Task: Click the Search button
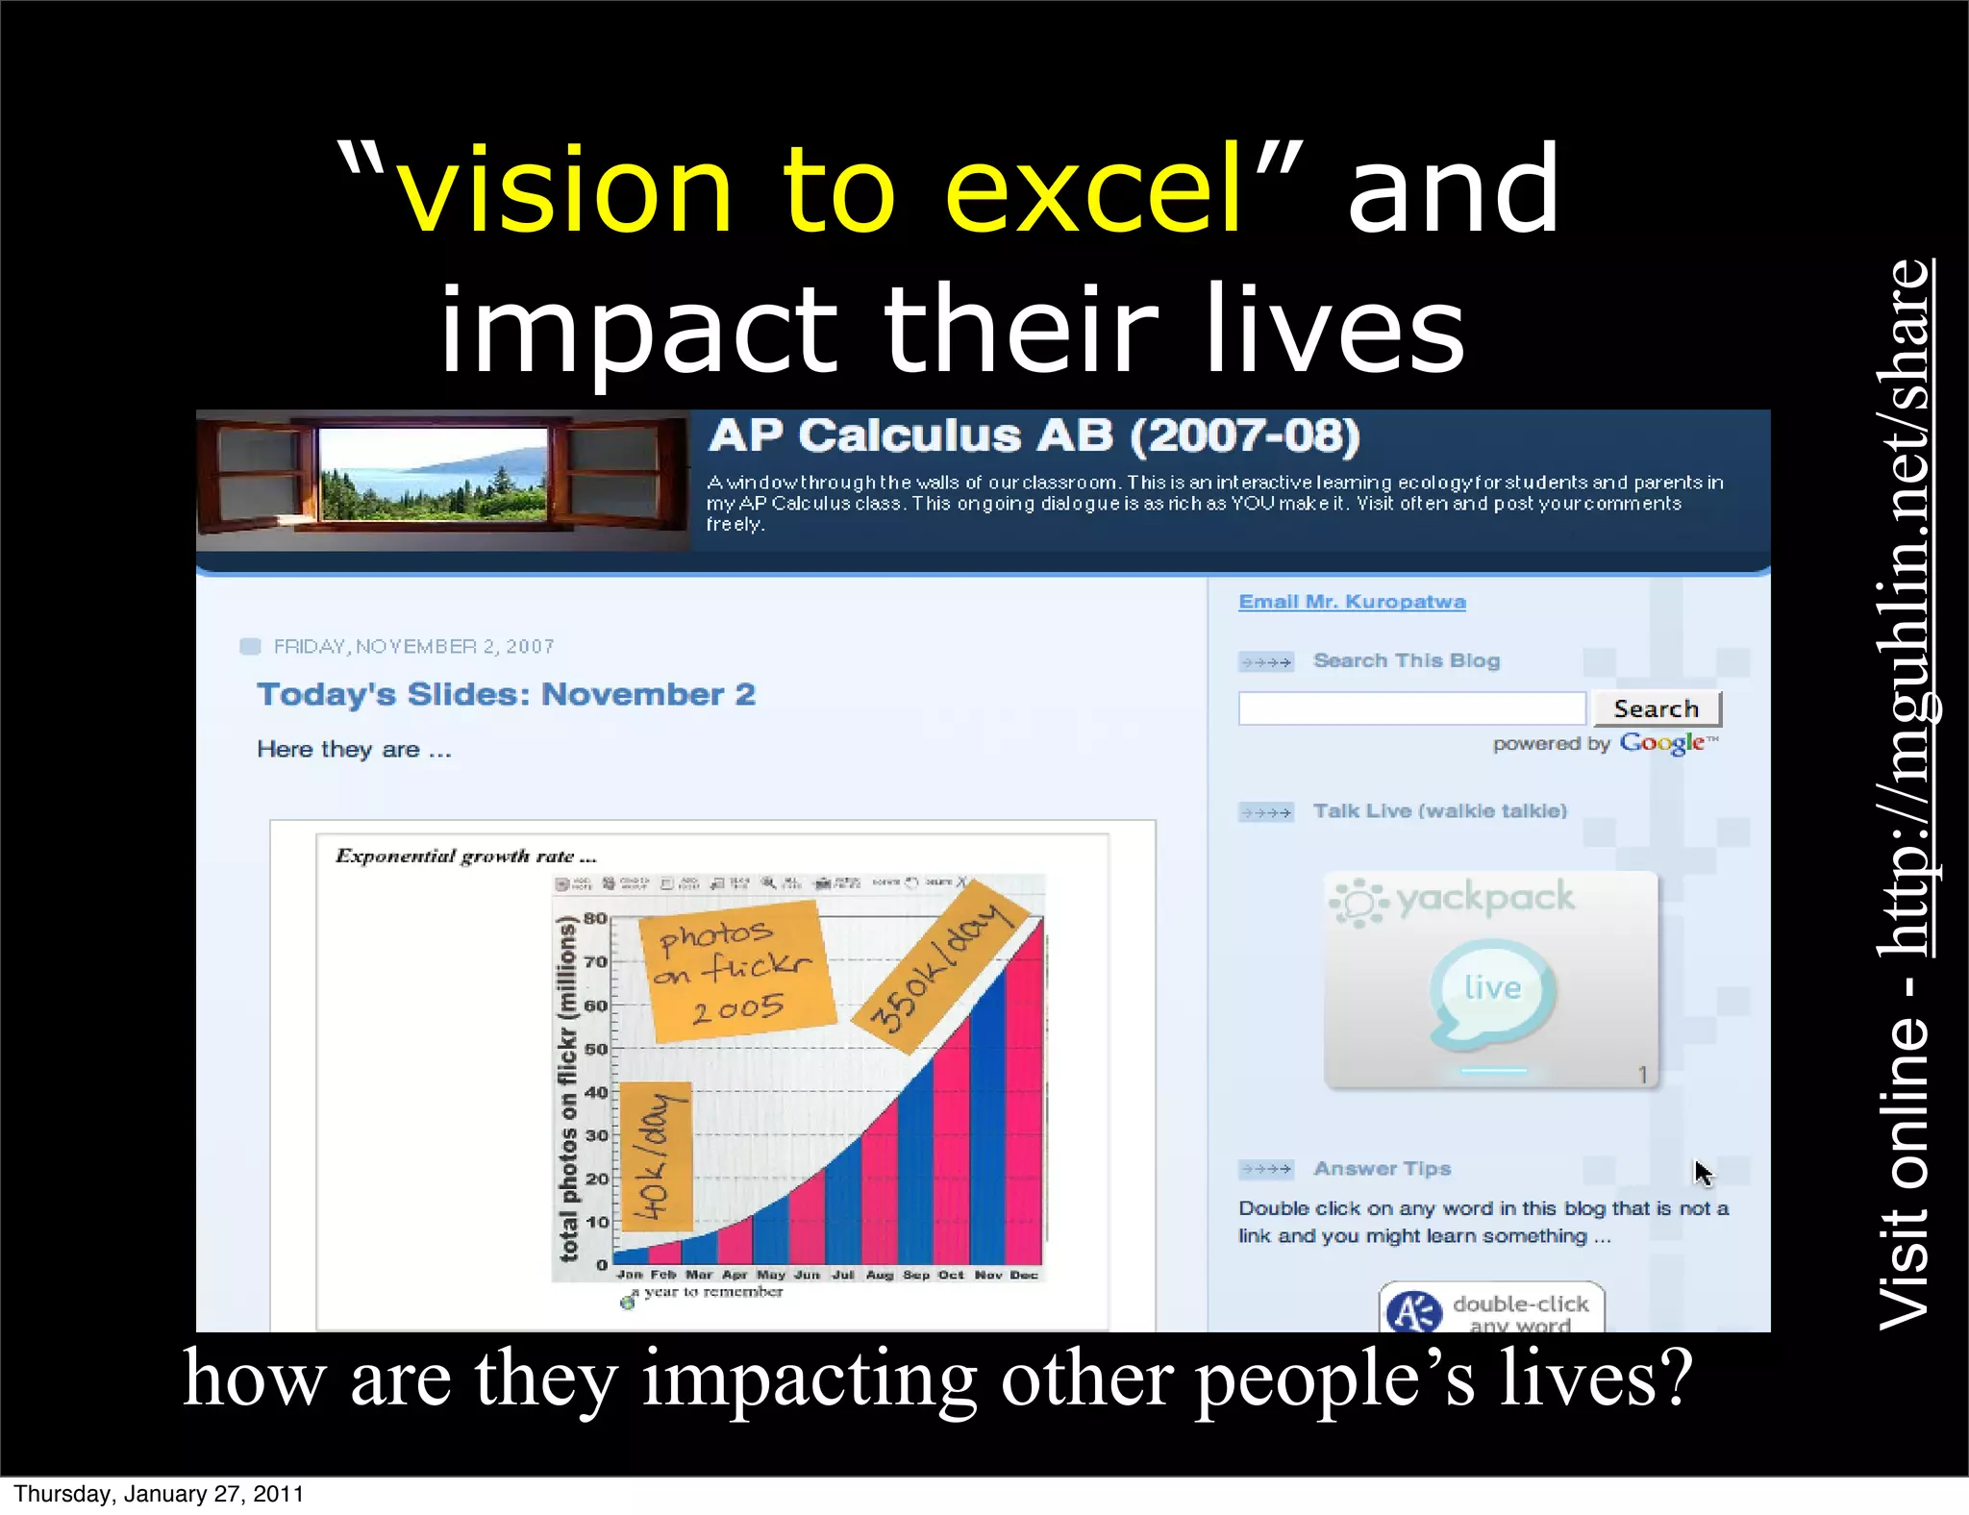(x=1656, y=709)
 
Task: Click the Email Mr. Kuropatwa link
(x=1352, y=602)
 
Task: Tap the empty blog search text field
(x=1411, y=709)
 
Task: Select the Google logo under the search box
(x=1662, y=743)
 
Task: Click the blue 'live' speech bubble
(x=1492, y=990)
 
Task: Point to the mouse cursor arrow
(x=1702, y=1172)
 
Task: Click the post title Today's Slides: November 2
(x=506, y=694)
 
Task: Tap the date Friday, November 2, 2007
(x=413, y=647)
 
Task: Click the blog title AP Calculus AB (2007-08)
(x=1034, y=435)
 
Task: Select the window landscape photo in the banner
(x=433, y=475)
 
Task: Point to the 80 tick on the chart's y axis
(x=596, y=918)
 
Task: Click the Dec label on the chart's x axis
(x=1024, y=1275)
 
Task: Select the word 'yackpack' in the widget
(x=1484, y=898)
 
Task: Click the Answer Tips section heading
(x=1382, y=1169)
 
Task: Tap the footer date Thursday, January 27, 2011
(x=159, y=1494)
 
